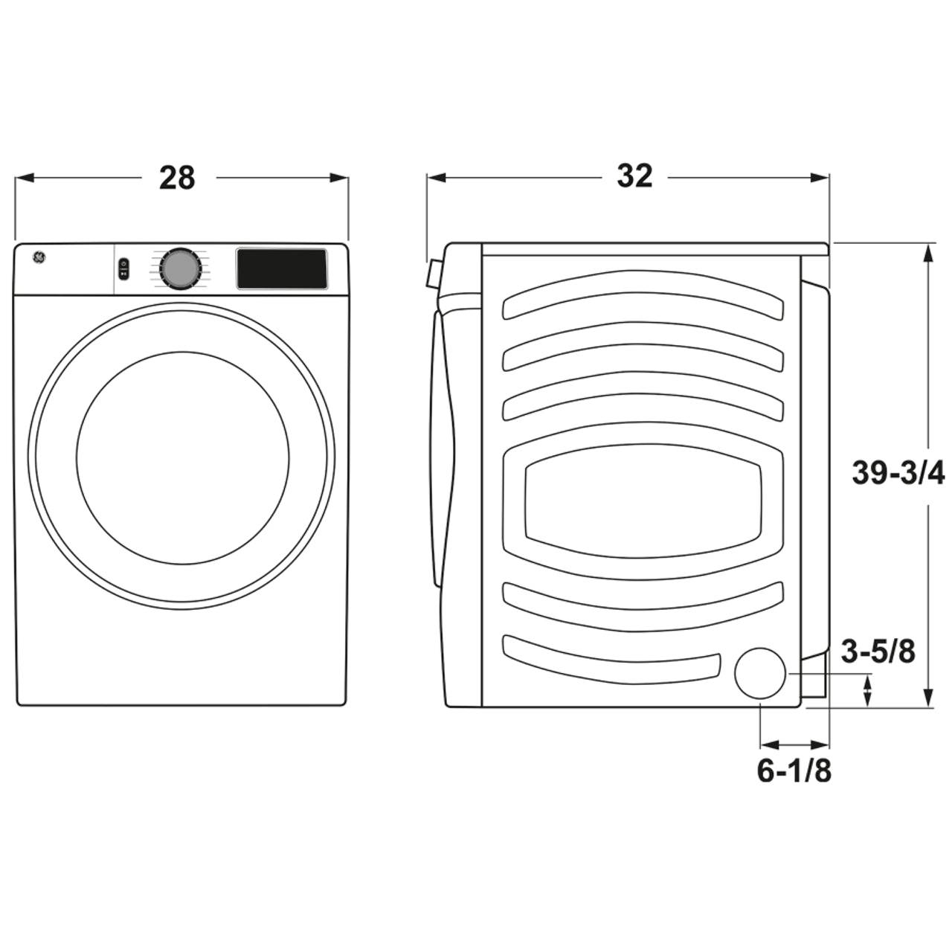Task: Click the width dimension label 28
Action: [177, 178]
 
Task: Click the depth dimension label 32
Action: [634, 176]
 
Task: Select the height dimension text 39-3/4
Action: [898, 473]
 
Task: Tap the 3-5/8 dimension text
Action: [878, 652]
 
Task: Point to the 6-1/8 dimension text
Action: [794, 771]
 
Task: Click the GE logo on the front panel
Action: [38, 257]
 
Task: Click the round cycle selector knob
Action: [180, 268]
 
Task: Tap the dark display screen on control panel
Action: [282, 268]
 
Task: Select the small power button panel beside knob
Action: [123, 268]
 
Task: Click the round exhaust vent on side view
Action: [760, 673]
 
